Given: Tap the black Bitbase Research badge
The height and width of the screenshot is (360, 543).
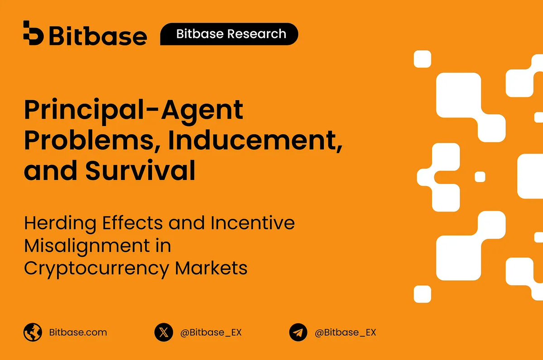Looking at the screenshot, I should pyautogui.click(x=230, y=34).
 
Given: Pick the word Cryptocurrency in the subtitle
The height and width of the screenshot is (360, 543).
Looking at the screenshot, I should pyautogui.click(x=96, y=268).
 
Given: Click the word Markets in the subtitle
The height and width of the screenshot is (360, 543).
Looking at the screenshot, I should pyautogui.click(x=211, y=268).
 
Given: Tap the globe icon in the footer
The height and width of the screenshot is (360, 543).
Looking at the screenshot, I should pyautogui.click(x=33, y=332).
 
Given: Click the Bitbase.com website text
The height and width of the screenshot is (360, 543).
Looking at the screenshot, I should pyautogui.click(x=78, y=332).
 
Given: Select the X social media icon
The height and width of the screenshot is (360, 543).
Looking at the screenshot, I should pyautogui.click(x=163, y=332).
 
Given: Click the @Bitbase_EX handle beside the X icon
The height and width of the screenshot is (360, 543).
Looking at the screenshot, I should pyautogui.click(x=211, y=332).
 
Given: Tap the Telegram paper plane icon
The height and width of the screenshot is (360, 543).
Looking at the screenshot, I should pyautogui.click(x=298, y=332).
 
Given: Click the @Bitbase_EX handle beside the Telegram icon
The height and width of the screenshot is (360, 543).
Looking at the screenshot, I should pyautogui.click(x=346, y=332).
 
